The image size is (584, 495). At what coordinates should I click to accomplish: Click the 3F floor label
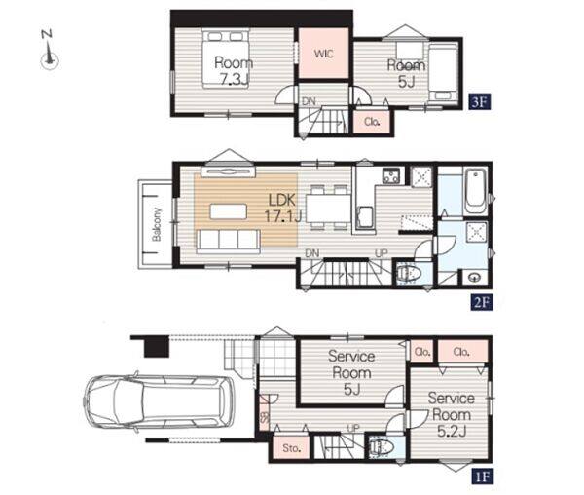pyautogui.click(x=480, y=101)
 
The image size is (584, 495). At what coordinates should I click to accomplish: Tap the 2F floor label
pyautogui.click(x=481, y=302)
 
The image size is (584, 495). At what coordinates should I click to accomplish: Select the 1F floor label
pyautogui.click(x=482, y=476)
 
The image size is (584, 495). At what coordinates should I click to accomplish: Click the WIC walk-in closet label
pyautogui.click(x=324, y=54)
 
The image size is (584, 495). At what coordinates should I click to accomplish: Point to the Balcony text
pyautogui.click(x=157, y=224)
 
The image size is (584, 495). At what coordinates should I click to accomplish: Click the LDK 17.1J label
pyautogui.click(x=282, y=208)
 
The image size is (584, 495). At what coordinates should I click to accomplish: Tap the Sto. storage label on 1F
pyautogui.click(x=291, y=447)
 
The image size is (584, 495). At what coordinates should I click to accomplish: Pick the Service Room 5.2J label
pyautogui.click(x=451, y=414)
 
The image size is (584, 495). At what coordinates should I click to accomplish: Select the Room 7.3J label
pyautogui.click(x=234, y=71)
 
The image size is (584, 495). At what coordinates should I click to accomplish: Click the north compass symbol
pyautogui.click(x=50, y=51)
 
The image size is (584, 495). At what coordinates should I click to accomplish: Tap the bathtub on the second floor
pyautogui.click(x=476, y=191)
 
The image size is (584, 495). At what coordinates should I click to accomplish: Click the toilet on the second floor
pyautogui.click(x=408, y=274)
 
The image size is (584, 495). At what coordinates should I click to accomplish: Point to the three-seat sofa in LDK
pyautogui.click(x=228, y=242)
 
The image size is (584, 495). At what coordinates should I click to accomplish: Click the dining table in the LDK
pyautogui.click(x=328, y=209)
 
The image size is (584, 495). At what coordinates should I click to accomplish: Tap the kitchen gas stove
pyautogui.click(x=391, y=175)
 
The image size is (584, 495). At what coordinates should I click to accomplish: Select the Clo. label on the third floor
pyautogui.click(x=372, y=122)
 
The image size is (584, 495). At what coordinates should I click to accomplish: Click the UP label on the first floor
pyautogui.click(x=353, y=429)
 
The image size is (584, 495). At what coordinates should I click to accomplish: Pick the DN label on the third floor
pyautogui.click(x=309, y=101)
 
